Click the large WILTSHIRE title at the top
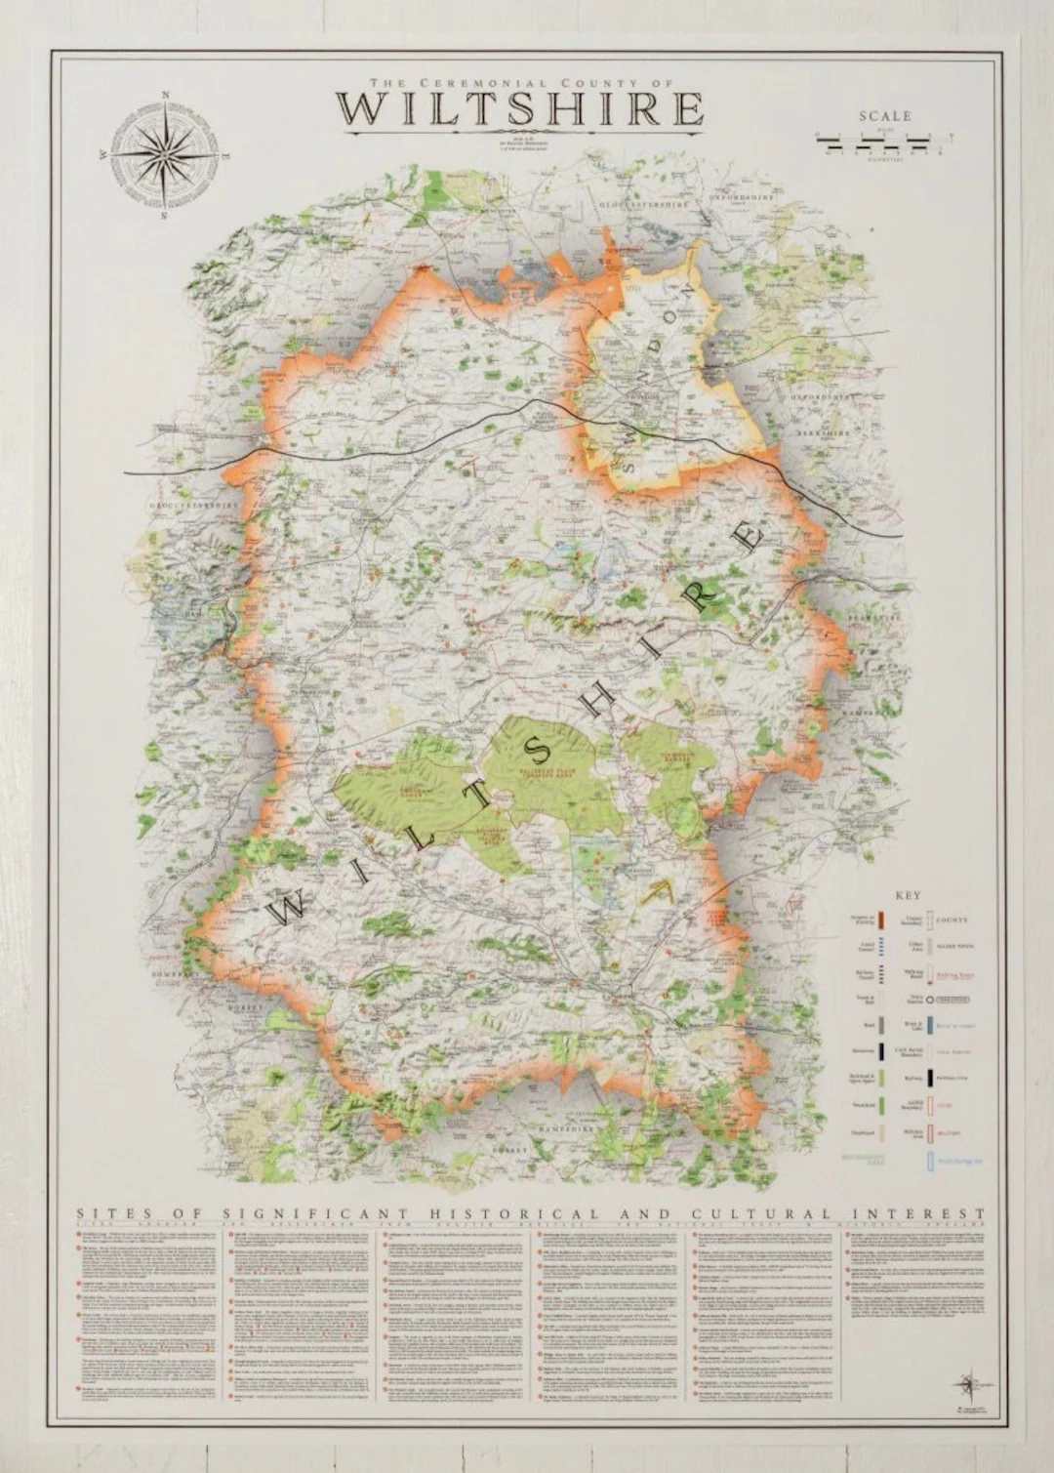pos(519,108)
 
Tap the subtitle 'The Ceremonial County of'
pos(519,82)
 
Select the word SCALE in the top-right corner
pos(884,116)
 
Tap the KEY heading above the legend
pos(907,894)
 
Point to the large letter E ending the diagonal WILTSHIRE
pos(749,538)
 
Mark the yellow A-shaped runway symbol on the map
pos(661,890)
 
